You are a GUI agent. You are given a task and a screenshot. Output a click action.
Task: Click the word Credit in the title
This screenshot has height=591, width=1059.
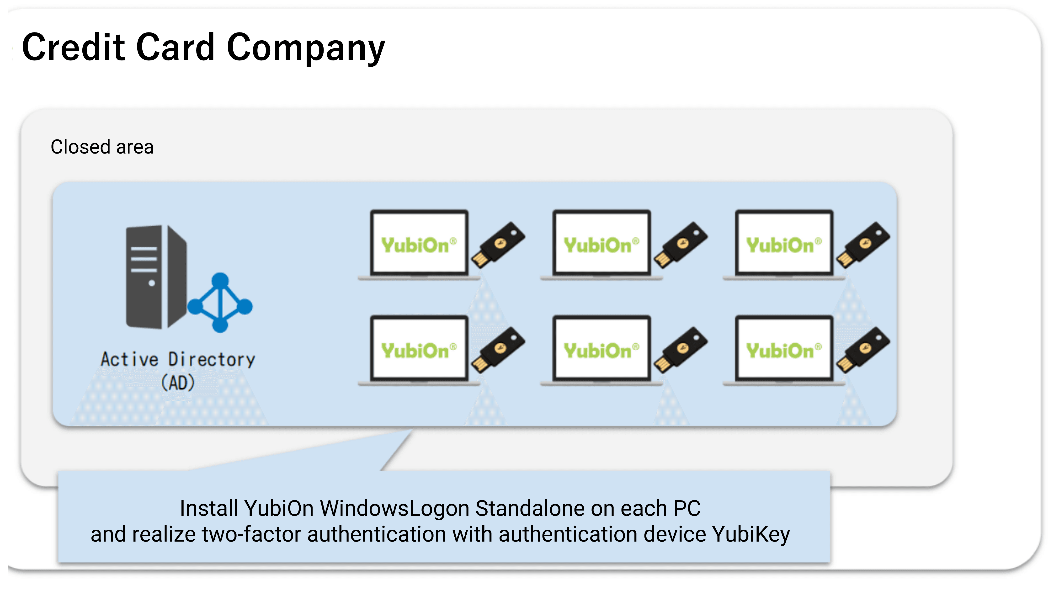[73, 47]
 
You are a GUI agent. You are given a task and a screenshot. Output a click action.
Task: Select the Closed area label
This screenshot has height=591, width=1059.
[102, 147]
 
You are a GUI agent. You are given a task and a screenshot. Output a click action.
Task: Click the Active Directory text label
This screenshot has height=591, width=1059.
[178, 359]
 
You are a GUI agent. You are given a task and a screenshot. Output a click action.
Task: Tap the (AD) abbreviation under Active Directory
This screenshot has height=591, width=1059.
[178, 383]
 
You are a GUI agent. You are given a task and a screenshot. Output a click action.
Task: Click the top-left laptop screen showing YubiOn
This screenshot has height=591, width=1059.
[419, 242]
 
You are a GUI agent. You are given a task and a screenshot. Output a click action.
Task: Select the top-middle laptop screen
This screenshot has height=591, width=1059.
[601, 242]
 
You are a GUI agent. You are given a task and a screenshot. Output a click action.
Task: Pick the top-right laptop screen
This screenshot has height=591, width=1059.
[784, 242]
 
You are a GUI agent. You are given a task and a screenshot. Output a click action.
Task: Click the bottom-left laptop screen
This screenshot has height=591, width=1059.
[419, 348]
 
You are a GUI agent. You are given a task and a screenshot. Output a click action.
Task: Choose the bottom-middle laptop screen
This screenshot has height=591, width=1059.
[601, 348]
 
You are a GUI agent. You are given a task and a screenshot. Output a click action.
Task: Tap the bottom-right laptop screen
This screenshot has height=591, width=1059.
[784, 348]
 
